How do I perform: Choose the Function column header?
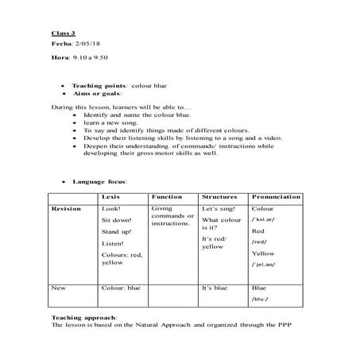(165, 195)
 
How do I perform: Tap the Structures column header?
(220, 195)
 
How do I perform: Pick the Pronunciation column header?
(275, 195)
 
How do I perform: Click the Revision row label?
(64, 208)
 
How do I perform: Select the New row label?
(57, 288)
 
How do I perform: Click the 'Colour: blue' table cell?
(121, 288)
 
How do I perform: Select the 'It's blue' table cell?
(215, 288)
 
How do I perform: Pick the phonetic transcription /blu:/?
(261, 300)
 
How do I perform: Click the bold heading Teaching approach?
(83, 317)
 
